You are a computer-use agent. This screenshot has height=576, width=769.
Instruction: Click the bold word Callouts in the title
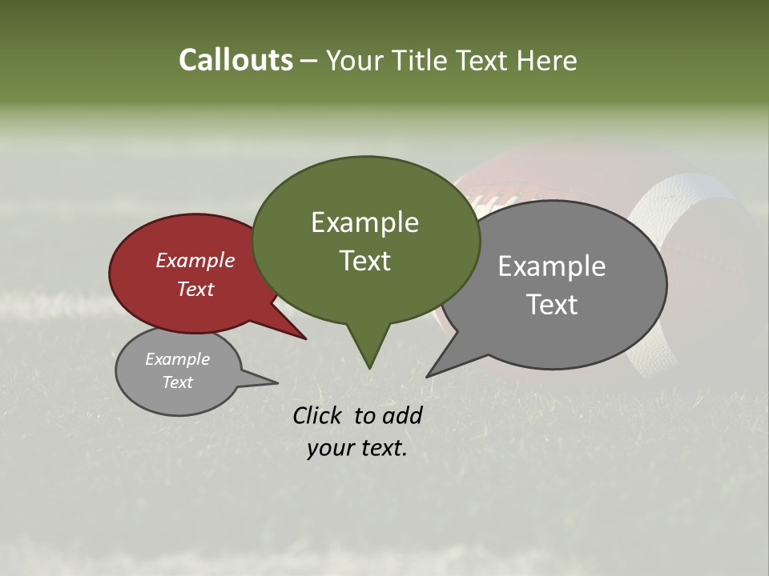click(236, 60)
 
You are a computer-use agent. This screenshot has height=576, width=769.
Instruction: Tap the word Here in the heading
click(546, 61)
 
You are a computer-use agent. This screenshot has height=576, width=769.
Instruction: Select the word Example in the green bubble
click(364, 222)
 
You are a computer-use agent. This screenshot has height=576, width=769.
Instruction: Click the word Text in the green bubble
click(364, 261)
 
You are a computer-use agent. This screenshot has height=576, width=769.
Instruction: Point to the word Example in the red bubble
click(195, 260)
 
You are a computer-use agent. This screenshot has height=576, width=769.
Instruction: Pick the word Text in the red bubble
click(195, 289)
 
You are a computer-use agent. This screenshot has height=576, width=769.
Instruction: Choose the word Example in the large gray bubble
click(551, 266)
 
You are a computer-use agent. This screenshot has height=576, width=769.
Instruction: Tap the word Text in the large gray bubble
click(552, 305)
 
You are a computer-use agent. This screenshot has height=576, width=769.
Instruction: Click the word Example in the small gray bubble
click(177, 359)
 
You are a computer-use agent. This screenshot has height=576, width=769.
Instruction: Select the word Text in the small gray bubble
click(177, 382)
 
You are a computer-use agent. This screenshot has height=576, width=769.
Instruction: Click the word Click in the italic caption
click(319, 415)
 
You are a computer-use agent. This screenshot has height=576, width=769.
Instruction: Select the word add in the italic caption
click(401, 415)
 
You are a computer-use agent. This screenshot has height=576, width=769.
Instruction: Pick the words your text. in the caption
click(356, 449)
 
